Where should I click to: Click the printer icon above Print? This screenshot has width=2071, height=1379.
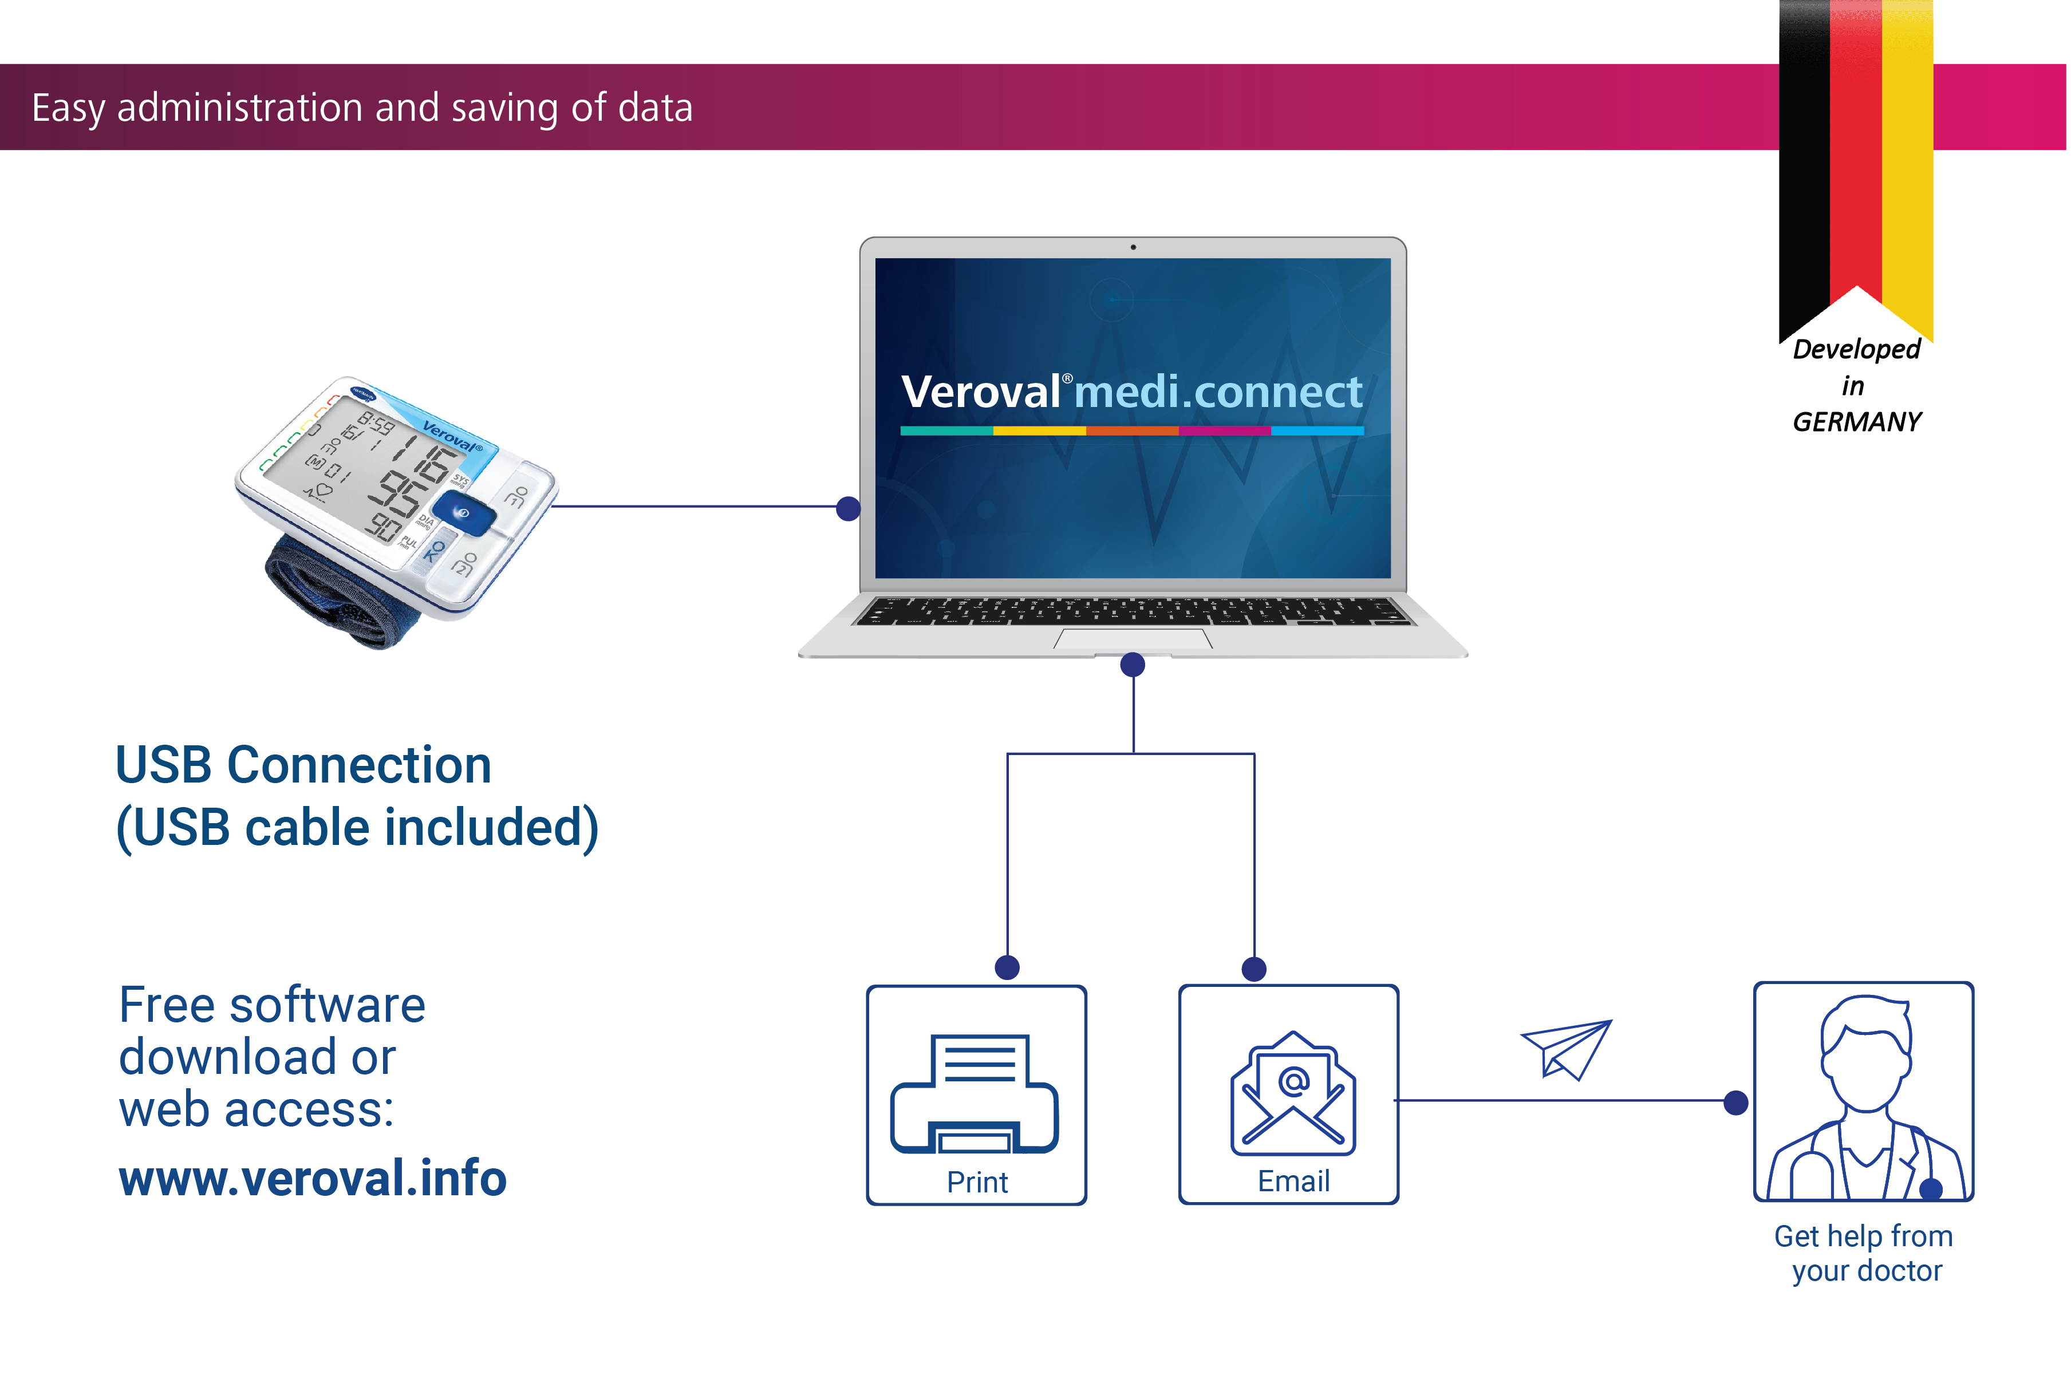[x=975, y=1093]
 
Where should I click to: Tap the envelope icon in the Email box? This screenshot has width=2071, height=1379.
[x=1293, y=1093]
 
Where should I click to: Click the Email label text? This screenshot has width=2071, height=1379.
[x=1293, y=1181]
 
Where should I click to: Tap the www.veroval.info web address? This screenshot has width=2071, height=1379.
[x=312, y=1179]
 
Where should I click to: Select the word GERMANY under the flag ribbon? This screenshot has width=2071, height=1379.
[x=1856, y=422]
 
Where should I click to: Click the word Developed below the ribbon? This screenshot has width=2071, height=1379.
[x=1856, y=349]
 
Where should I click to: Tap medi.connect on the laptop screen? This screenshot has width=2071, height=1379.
[x=1217, y=392]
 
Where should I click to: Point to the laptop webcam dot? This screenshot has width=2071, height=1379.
[x=1133, y=247]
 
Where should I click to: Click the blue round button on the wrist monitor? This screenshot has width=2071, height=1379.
[x=463, y=513]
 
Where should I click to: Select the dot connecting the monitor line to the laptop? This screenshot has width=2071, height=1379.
[x=848, y=508]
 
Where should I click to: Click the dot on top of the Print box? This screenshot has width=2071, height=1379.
[x=1007, y=967]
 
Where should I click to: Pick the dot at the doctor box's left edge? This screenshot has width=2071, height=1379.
[x=1735, y=1102]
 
